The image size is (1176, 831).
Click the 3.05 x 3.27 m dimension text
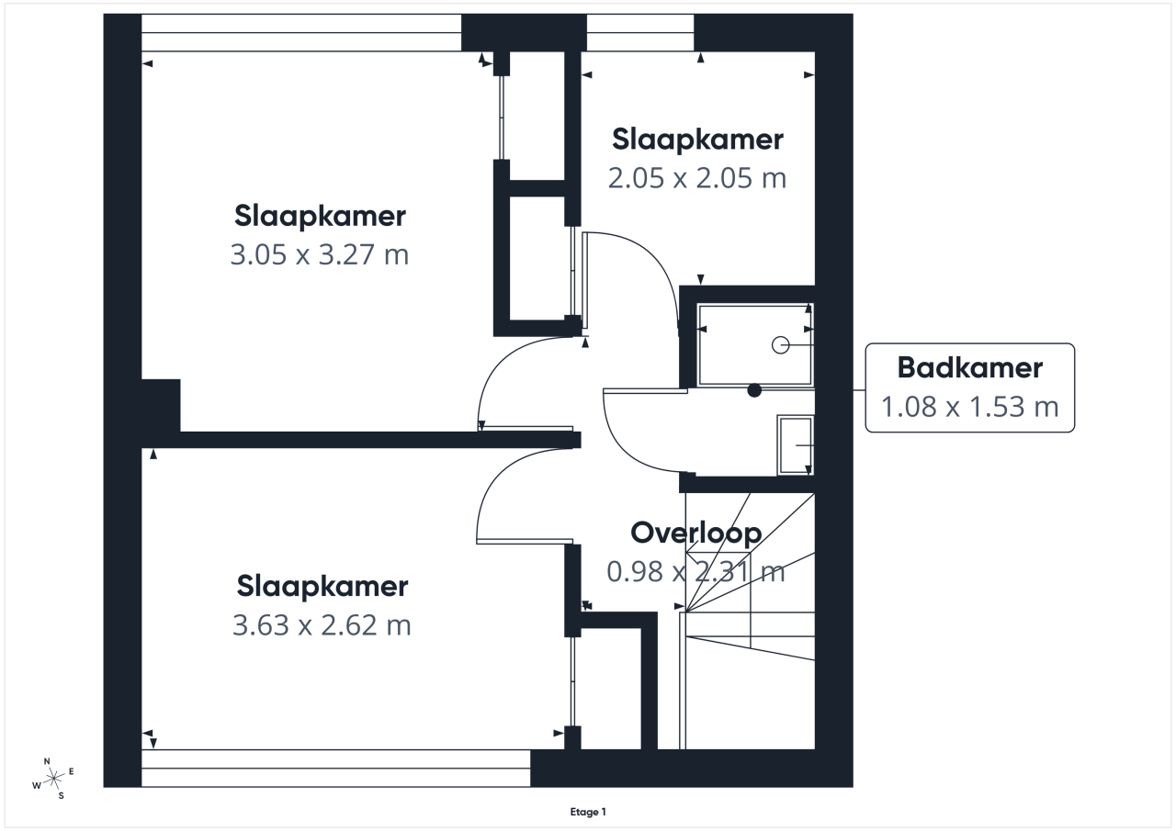pyautogui.click(x=319, y=255)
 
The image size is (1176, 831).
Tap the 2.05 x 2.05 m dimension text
pyautogui.click(x=697, y=178)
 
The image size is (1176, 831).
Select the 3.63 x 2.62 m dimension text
pyautogui.click(x=322, y=625)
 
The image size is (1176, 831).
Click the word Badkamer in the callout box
pyautogui.click(x=969, y=368)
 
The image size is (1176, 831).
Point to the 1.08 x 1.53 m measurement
pyautogui.click(x=969, y=407)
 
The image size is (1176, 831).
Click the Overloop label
pyautogui.click(x=696, y=533)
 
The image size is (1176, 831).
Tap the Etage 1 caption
pyautogui.click(x=588, y=812)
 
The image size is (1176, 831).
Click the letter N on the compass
pyautogui.click(x=47, y=761)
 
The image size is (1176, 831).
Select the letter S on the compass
pyautogui.click(x=61, y=796)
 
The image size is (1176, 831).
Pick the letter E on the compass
pyautogui.click(x=72, y=771)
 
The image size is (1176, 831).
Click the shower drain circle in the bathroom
pyautogui.click(x=780, y=345)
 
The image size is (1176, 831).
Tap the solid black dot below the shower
pyautogui.click(x=754, y=390)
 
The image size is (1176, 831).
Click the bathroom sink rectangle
pyautogui.click(x=796, y=445)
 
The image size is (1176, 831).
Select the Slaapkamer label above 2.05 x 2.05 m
pyautogui.click(x=697, y=140)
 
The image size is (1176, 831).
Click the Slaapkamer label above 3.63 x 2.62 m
pyautogui.click(x=322, y=587)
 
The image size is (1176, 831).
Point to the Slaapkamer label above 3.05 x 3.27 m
pyautogui.click(x=320, y=216)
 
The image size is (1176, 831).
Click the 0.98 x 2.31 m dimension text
pyautogui.click(x=695, y=572)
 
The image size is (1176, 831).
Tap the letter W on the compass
pyautogui.click(x=36, y=785)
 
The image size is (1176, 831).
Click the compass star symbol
pyautogui.click(x=53, y=779)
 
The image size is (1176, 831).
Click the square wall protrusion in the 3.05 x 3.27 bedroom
pyautogui.click(x=161, y=406)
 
